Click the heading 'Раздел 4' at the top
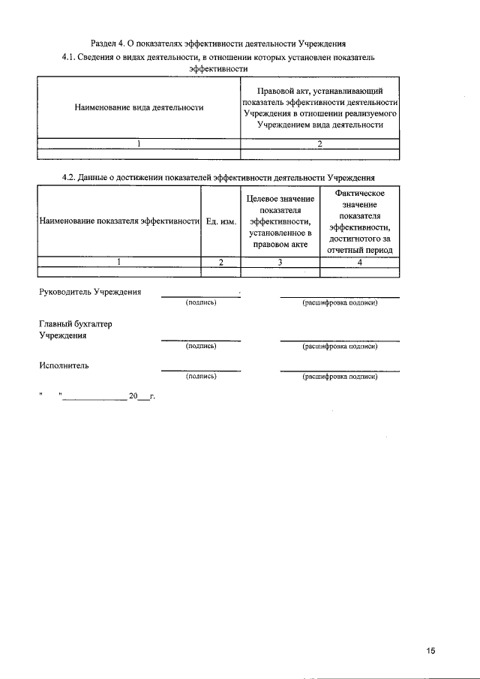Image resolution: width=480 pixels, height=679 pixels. pyautogui.click(x=110, y=43)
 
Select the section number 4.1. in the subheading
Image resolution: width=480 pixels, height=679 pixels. pyautogui.click(x=73, y=56)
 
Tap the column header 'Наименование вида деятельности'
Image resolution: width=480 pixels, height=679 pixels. pyautogui.click(x=139, y=108)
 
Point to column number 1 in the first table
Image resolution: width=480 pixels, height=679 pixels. pyautogui.click(x=139, y=144)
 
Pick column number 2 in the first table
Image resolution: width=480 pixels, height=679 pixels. pyautogui.click(x=319, y=144)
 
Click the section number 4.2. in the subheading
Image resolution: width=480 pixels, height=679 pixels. pyautogui.click(x=73, y=177)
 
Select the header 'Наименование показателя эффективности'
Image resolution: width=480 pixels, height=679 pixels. pyautogui.click(x=118, y=221)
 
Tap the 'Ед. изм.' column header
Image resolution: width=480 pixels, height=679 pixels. pyautogui.click(x=220, y=221)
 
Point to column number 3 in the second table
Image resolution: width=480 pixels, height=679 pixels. pyautogui.click(x=280, y=262)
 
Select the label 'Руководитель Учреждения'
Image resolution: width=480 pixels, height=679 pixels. pyautogui.click(x=89, y=291)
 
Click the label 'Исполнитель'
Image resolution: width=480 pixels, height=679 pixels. pyautogui.click(x=64, y=365)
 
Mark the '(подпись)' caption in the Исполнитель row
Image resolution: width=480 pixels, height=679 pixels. pyautogui.click(x=201, y=376)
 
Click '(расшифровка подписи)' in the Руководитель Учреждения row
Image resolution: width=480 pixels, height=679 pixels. pyautogui.click(x=339, y=303)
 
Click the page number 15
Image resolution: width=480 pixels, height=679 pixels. pyautogui.click(x=430, y=650)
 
